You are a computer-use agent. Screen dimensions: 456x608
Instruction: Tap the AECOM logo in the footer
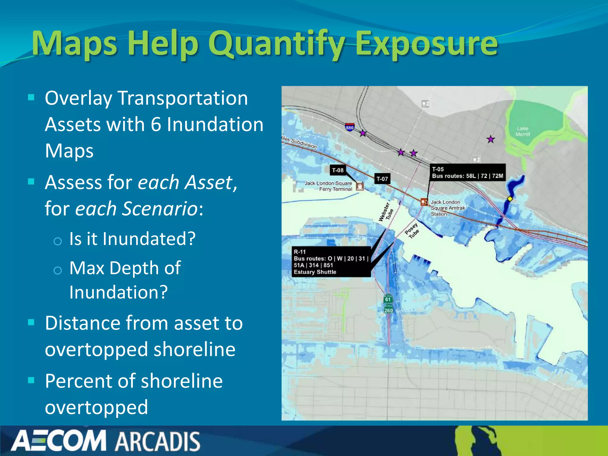(x=58, y=441)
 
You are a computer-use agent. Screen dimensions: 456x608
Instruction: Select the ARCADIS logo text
(x=157, y=441)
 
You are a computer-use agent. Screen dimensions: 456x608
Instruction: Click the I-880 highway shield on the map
(x=350, y=127)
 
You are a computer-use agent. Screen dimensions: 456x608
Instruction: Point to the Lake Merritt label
(x=522, y=131)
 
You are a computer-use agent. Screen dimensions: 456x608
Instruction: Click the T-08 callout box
(x=338, y=170)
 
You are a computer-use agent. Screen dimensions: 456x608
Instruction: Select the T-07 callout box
(x=382, y=179)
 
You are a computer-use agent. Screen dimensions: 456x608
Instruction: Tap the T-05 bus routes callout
(x=467, y=172)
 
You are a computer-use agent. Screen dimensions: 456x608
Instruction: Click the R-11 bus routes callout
(x=331, y=262)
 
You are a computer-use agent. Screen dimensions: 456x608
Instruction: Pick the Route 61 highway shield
(x=388, y=299)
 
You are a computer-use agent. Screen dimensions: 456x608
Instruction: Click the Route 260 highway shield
(x=388, y=310)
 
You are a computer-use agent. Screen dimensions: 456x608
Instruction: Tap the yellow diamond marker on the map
(x=510, y=199)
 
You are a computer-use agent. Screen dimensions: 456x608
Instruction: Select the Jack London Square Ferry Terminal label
(x=328, y=186)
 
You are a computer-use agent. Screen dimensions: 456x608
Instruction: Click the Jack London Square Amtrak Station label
(x=447, y=208)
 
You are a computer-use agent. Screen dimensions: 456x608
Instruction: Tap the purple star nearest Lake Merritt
(x=491, y=139)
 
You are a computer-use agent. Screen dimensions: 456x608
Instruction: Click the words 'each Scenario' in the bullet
(x=136, y=208)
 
